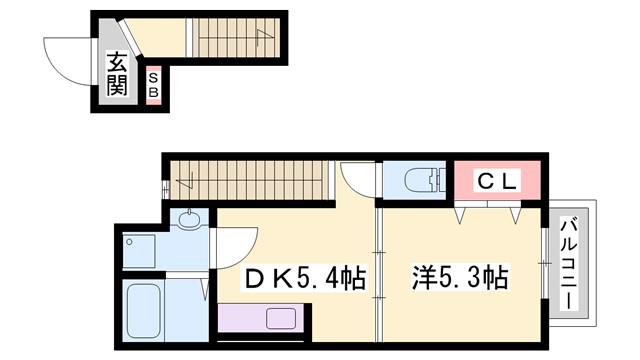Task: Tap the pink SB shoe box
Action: click(x=153, y=85)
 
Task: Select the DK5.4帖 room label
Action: click(x=305, y=278)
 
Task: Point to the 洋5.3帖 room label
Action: click(x=460, y=278)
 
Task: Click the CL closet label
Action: click(x=498, y=182)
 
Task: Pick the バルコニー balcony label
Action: click(x=569, y=264)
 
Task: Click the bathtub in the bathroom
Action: click(x=144, y=311)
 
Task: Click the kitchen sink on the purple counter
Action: click(x=281, y=318)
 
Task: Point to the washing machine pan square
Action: click(x=139, y=251)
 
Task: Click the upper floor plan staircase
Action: click(x=236, y=38)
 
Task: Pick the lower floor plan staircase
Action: click(x=249, y=180)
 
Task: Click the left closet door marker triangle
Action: click(x=461, y=216)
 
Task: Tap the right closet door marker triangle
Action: click(x=516, y=216)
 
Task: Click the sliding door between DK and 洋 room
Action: click(x=379, y=274)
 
